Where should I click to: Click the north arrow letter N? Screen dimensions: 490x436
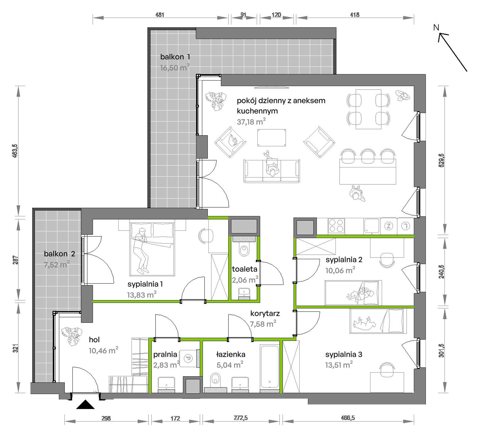436,28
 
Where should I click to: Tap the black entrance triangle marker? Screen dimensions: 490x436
85,404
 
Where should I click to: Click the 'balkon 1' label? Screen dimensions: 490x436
175,57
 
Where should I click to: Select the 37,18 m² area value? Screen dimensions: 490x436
251,122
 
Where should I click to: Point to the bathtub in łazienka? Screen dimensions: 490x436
269,366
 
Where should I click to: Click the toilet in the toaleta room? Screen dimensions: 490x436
244,249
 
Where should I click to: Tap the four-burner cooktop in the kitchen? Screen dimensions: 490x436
336,226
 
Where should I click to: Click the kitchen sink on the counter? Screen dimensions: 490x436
372,226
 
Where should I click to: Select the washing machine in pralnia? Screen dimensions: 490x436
188,358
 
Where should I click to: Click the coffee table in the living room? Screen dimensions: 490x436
272,138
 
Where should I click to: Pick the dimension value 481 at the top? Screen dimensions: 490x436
160,15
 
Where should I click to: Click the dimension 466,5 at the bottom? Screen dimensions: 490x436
348,418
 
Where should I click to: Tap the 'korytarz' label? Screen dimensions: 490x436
265,313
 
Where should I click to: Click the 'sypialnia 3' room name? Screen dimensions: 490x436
344,355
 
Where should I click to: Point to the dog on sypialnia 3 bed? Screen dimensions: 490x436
364,323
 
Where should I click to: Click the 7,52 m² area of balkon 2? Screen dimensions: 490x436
57,264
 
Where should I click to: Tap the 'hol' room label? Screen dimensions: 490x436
94,340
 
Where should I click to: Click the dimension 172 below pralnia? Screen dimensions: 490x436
175,418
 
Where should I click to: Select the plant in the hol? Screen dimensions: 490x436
72,335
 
